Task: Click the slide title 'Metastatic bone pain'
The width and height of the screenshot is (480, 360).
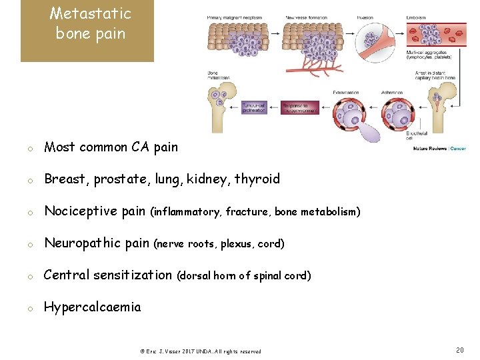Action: pos(90,23)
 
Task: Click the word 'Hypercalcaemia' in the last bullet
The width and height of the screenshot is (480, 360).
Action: pos(92,307)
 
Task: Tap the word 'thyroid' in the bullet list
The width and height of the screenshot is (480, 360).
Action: pos(257,179)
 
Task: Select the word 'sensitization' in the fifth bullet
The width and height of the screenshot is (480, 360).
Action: pos(133,275)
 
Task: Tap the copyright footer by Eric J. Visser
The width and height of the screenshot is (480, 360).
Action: pos(200,351)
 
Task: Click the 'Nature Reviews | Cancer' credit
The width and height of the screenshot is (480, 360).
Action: pos(439,149)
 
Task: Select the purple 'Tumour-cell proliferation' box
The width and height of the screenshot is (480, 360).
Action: pos(258,107)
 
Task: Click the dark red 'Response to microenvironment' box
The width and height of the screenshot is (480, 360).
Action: pos(300,107)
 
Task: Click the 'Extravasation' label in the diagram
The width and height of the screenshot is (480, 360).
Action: pos(344,93)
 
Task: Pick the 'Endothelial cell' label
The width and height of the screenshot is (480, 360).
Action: pos(414,136)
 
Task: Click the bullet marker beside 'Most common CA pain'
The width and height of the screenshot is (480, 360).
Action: pos(30,149)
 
